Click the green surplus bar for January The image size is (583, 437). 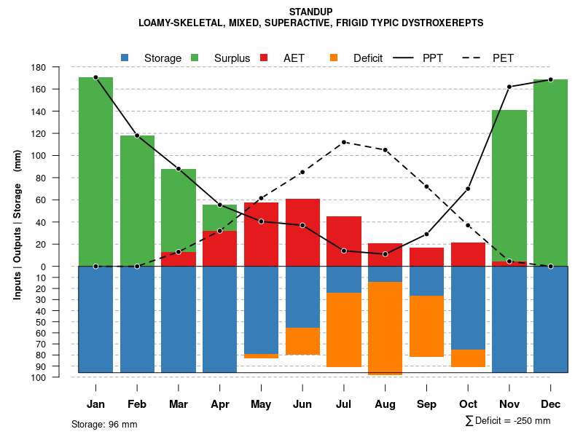tap(95, 171)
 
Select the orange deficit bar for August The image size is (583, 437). tap(385, 328)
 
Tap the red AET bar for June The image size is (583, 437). tap(302, 232)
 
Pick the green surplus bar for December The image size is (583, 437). tap(550, 173)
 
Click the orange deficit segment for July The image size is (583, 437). tap(344, 329)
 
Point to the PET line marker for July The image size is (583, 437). tap(344, 142)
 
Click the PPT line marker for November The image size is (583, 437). tap(509, 87)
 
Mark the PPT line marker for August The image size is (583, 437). tap(385, 254)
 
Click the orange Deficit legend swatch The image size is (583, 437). tap(334, 58)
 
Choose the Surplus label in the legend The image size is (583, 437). tap(232, 58)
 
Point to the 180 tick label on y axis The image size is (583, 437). tap(59, 68)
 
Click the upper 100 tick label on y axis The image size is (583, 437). tap(59, 156)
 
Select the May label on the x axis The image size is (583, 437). tap(261, 404)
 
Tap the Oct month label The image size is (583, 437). tap(468, 404)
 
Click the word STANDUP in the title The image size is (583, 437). tap(311, 12)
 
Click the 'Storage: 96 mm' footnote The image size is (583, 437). tap(104, 424)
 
